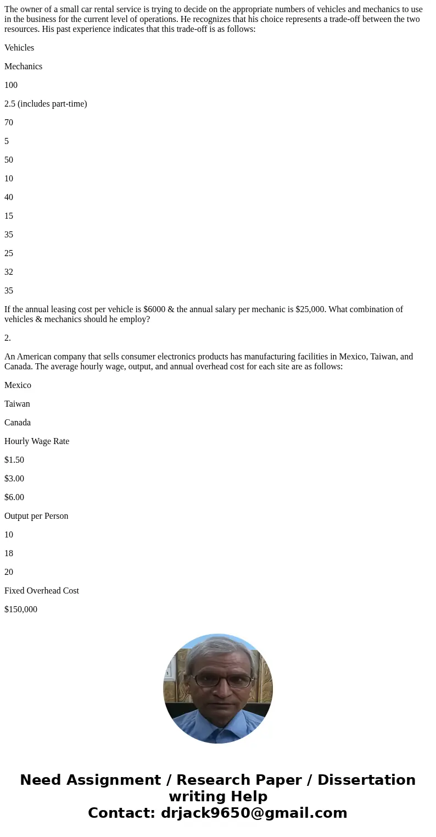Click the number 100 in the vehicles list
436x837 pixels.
(11, 85)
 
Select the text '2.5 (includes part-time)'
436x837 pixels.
(46, 104)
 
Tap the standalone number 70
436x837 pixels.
(9, 123)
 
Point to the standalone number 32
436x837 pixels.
(9, 272)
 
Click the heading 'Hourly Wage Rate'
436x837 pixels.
(37, 441)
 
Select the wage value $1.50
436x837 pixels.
(14, 460)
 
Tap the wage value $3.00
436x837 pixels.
(14, 479)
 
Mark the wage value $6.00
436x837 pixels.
(14, 497)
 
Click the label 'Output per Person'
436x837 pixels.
(36, 516)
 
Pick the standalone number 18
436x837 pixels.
(9, 553)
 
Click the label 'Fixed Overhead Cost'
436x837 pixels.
(42, 591)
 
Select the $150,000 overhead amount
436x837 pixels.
(21, 609)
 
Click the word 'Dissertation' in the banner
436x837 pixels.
(366, 780)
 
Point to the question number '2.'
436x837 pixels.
(8, 338)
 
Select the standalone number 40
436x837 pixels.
(9, 197)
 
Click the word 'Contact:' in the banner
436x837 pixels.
(122, 813)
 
